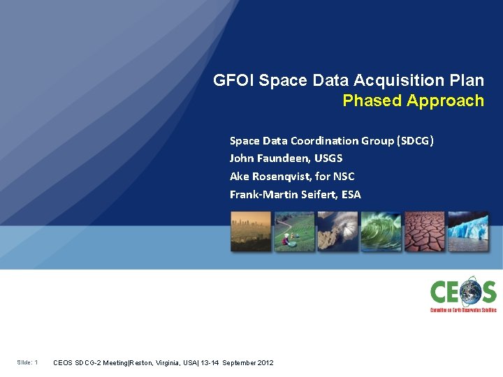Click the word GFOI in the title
tap(234, 80)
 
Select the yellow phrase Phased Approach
tap(413, 101)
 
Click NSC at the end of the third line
tap(343, 177)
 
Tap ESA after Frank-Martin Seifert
tap(351, 195)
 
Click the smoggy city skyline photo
tap(251, 231)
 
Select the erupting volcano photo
tap(337, 231)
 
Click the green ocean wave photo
tap(381, 231)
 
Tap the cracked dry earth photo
tap(424, 231)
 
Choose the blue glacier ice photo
tap(468, 231)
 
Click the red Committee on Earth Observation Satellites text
tap(463, 309)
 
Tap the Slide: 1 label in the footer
tap(28, 362)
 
